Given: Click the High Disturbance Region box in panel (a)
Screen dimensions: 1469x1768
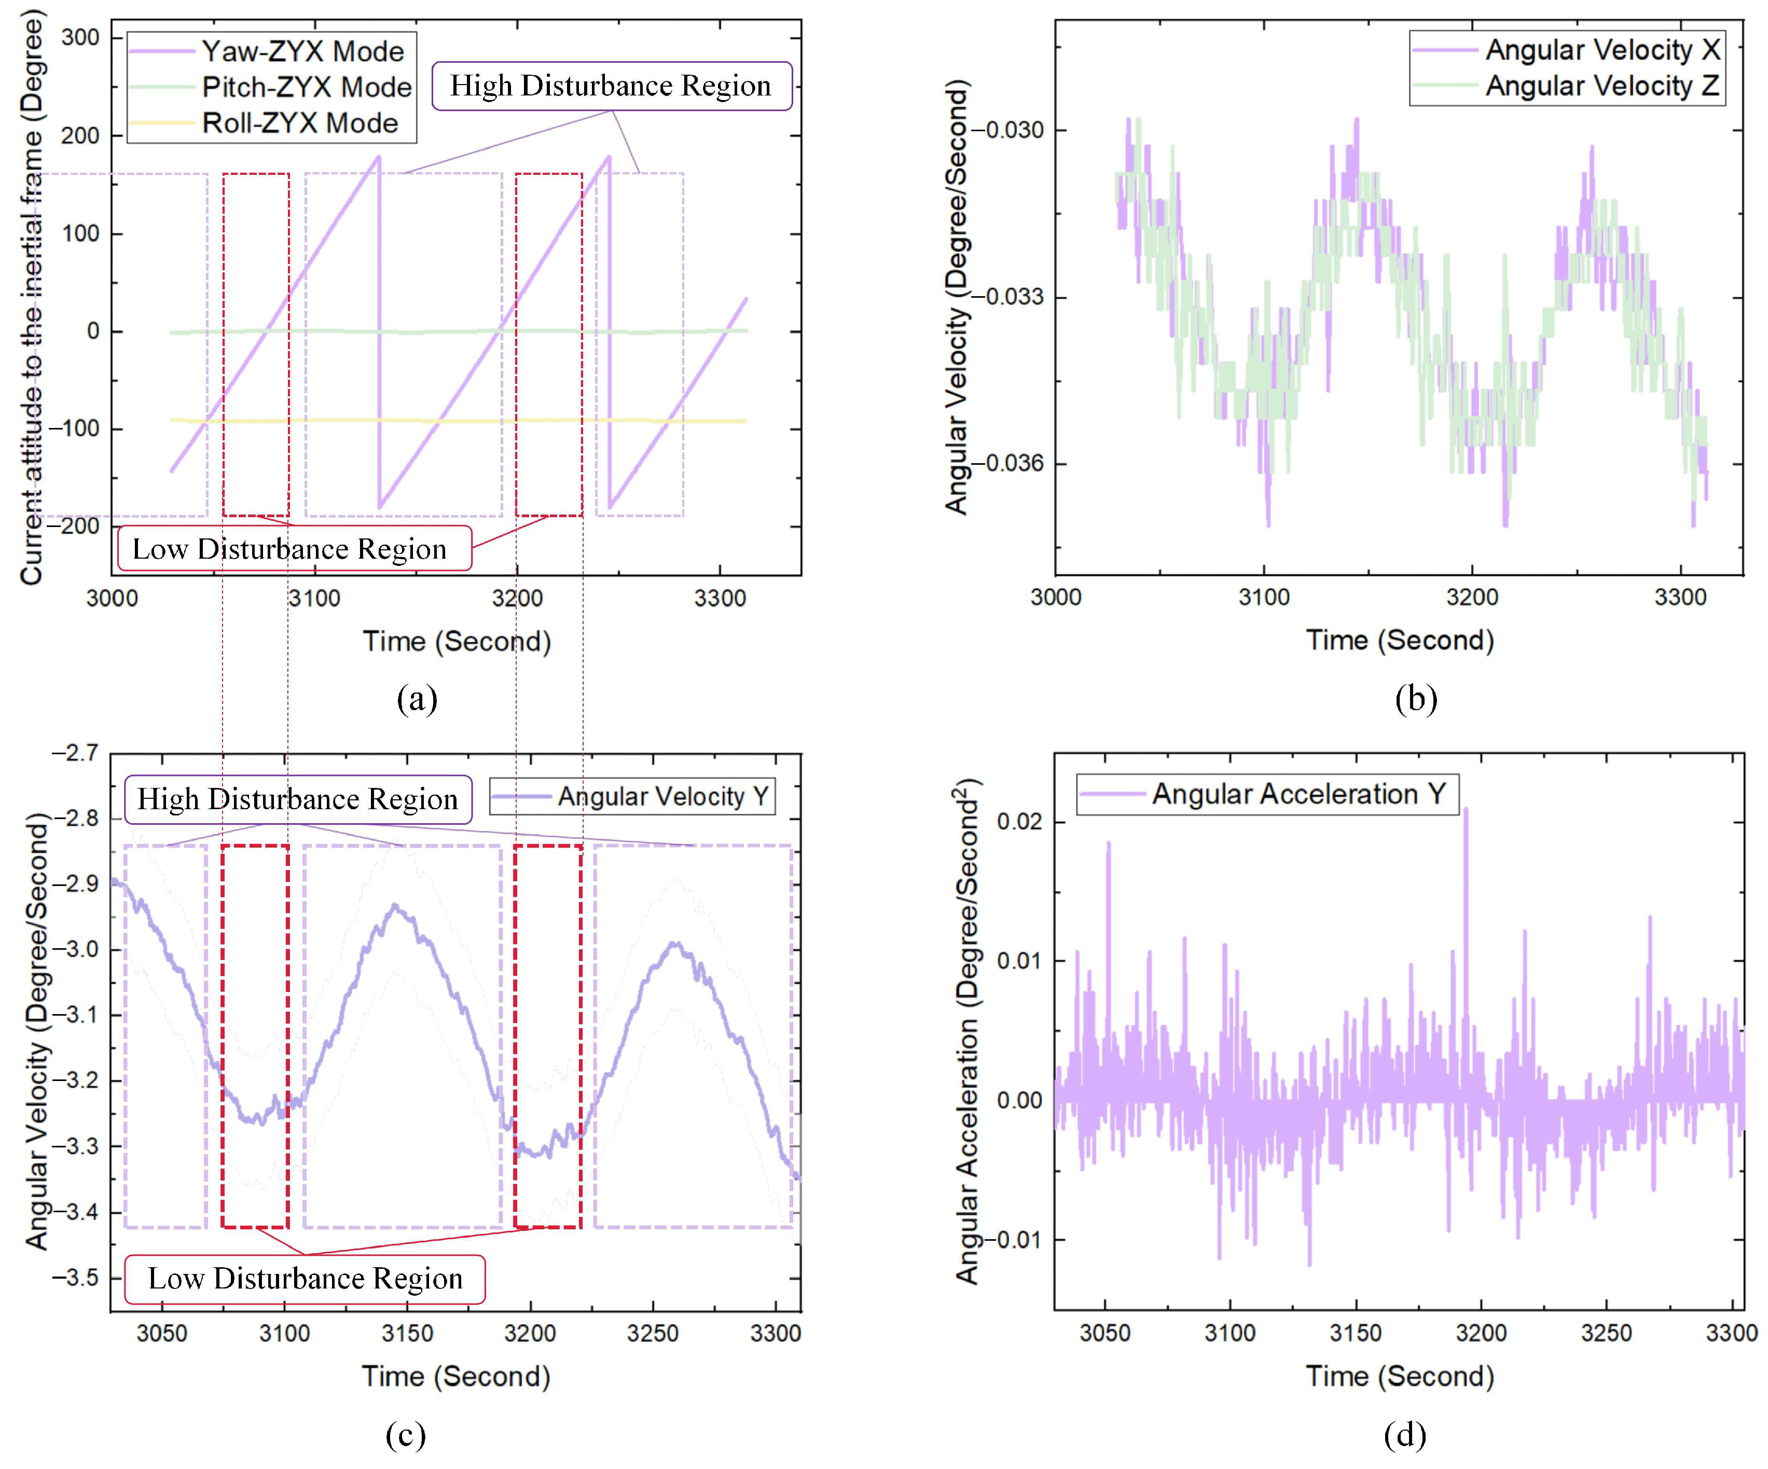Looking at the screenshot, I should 611,86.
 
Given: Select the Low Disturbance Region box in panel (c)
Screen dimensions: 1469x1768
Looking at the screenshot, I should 305,1279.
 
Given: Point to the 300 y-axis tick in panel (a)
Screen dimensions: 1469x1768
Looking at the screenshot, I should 81,38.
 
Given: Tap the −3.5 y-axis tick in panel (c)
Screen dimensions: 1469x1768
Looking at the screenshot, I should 76,1278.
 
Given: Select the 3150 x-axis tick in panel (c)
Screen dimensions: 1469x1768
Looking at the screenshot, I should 407,1334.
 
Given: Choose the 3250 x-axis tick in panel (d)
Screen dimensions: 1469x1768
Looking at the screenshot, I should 1606,1334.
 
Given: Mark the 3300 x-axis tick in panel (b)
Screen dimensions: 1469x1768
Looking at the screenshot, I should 1680,598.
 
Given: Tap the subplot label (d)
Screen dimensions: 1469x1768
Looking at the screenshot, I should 1404,1434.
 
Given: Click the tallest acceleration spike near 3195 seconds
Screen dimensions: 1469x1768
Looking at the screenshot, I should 1466,810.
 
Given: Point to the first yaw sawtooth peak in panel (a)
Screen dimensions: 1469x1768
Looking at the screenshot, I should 379,157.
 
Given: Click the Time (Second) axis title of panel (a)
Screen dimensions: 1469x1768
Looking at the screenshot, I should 457,642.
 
